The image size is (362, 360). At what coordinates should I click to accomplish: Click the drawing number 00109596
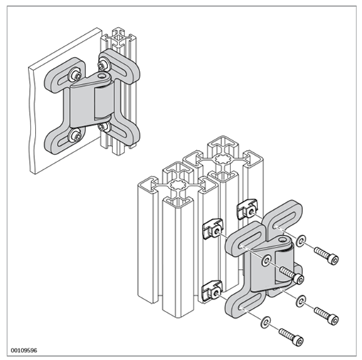click(x=24, y=350)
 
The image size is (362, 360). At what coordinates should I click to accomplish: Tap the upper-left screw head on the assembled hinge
click(x=75, y=75)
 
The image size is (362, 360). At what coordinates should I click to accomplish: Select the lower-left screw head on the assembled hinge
click(x=75, y=136)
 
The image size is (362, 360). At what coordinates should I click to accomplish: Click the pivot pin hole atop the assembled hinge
click(x=102, y=76)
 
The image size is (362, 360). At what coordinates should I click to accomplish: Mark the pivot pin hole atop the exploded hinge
click(x=282, y=239)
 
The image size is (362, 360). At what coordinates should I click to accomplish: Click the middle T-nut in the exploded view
click(x=213, y=228)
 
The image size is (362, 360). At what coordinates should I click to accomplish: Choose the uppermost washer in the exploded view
click(x=301, y=241)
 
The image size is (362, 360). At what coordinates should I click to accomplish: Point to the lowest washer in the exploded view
click(x=265, y=322)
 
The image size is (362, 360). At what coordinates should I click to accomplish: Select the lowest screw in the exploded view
click(x=292, y=337)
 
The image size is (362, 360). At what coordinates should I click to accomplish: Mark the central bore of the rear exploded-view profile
click(x=223, y=159)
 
